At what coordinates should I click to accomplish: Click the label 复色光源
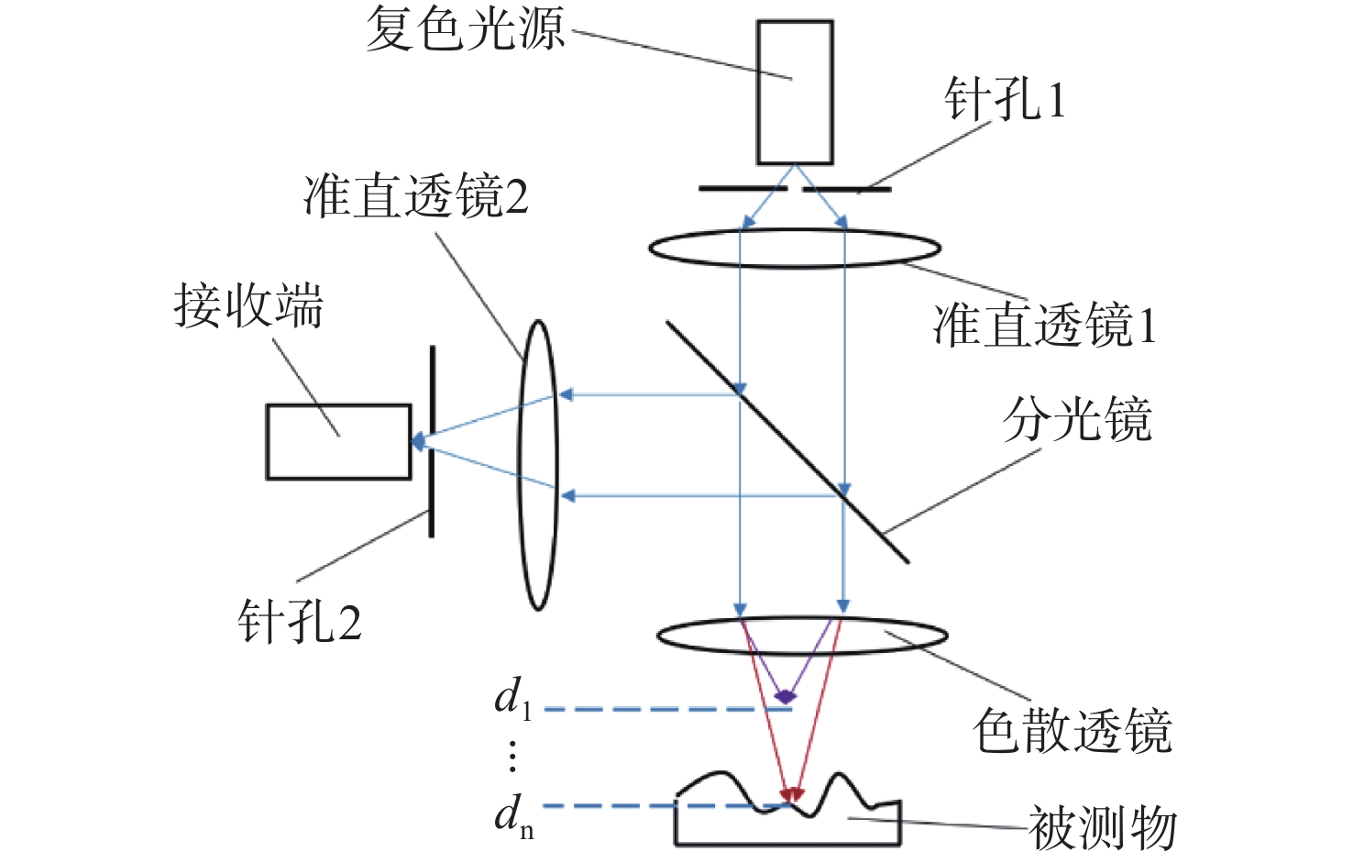(x=466, y=29)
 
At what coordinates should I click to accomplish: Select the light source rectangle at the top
(x=795, y=93)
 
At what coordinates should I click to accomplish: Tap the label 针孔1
(x=1006, y=99)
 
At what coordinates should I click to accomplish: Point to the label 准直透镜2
(x=416, y=196)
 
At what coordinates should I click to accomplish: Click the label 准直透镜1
(x=1045, y=326)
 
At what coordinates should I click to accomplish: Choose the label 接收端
(x=249, y=305)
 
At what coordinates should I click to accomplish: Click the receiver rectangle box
(x=338, y=442)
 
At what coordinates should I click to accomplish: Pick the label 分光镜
(x=1077, y=420)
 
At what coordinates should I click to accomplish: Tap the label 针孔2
(x=300, y=622)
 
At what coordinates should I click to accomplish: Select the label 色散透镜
(x=1072, y=731)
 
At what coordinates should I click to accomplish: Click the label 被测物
(x=1102, y=828)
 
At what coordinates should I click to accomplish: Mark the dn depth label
(x=514, y=815)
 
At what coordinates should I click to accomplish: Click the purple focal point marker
(x=785, y=697)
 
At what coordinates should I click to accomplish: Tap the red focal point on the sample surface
(x=791, y=794)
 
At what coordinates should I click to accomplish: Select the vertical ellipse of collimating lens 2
(x=538, y=465)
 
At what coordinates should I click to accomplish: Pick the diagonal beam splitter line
(x=787, y=441)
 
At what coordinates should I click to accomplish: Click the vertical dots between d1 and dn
(x=512, y=756)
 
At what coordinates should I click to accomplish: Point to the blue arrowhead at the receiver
(x=418, y=442)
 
